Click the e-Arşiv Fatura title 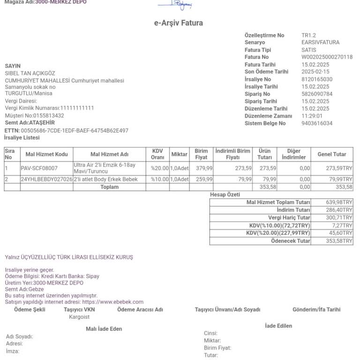click(x=179, y=23)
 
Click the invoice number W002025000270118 click(x=327, y=57)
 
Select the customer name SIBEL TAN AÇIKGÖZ click(x=30, y=74)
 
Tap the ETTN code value click(x=75, y=131)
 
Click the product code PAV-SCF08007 click(x=39, y=168)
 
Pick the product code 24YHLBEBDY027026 click(x=46, y=180)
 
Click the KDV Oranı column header click(x=157, y=154)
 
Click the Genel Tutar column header click(x=332, y=154)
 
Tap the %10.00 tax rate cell click(x=159, y=180)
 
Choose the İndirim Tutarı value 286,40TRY click(x=339, y=210)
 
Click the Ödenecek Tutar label click(x=291, y=241)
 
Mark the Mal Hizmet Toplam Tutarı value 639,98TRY click(x=339, y=202)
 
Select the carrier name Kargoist click(x=79, y=317)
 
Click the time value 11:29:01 click(x=312, y=116)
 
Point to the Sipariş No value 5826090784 click(x=317, y=94)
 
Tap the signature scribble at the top click(x=175, y=5)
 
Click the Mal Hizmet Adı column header click(x=109, y=154)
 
